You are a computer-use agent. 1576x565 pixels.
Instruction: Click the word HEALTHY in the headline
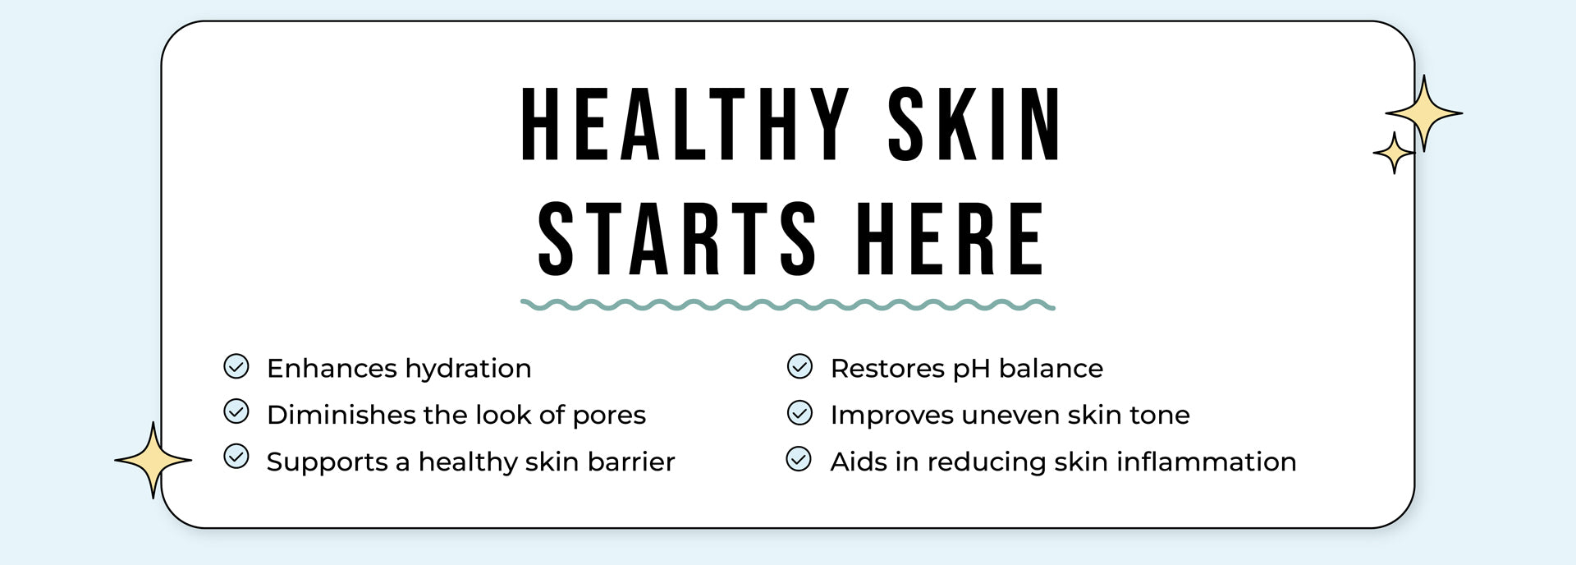685,124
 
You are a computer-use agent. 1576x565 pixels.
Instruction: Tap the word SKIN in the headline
975,124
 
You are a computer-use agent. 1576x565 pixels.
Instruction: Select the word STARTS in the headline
677,239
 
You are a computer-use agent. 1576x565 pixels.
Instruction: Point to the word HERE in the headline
950,239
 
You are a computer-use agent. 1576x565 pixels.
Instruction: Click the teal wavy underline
788,305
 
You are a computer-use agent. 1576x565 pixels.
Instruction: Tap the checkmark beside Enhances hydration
236,366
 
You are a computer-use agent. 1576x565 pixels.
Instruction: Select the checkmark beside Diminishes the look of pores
236,411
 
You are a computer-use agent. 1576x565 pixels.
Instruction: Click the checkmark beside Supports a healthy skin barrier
236,457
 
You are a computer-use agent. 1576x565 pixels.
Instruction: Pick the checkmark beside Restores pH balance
799,366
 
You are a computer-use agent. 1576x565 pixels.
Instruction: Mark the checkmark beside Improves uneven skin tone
799,412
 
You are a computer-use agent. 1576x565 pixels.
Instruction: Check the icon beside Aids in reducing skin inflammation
799,458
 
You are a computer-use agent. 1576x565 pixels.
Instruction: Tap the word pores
609,416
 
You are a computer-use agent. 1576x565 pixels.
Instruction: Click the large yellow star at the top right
1424,113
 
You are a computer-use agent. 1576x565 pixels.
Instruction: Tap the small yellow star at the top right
1394,153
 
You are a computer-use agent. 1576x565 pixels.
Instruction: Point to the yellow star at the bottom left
153,460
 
